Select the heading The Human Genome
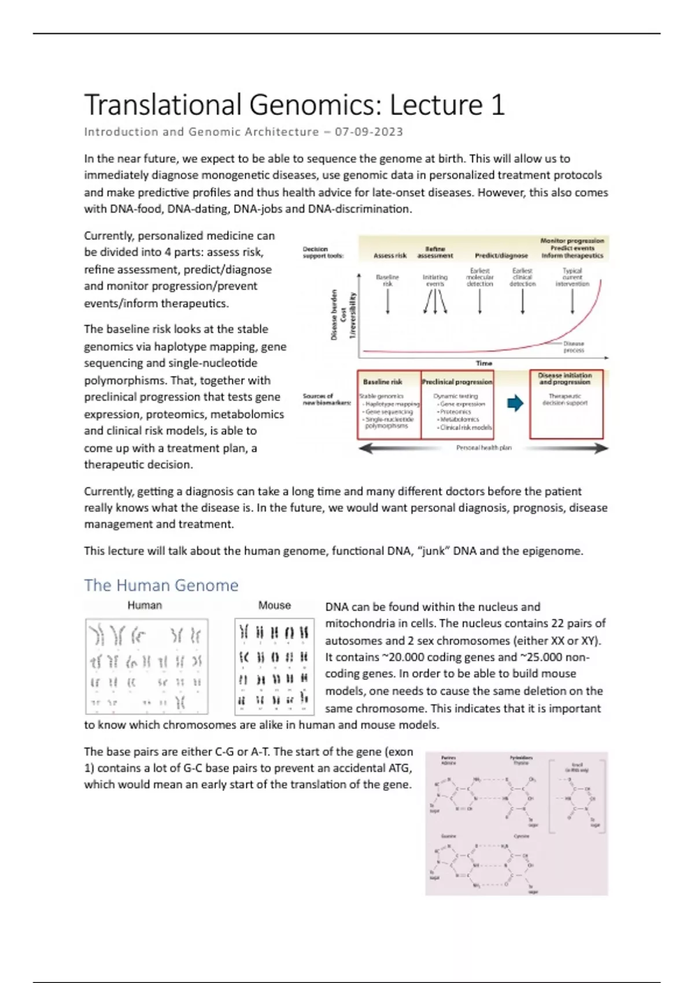161,585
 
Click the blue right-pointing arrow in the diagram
515,403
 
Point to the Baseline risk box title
382,382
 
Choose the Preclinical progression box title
457,382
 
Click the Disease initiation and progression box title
565,378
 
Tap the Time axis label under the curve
483,363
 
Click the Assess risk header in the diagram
390,255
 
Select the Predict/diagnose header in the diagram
501,255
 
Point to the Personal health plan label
483,448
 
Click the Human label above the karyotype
145,605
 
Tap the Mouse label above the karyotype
274,605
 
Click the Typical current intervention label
572,277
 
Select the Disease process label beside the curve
573,347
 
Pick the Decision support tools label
323,252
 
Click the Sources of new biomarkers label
326,399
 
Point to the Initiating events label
435,280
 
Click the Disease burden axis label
334,315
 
